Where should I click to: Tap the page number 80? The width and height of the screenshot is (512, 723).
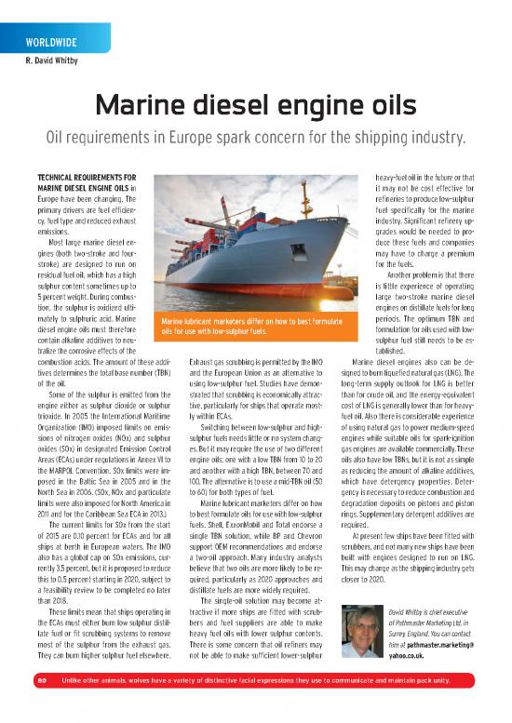42,705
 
